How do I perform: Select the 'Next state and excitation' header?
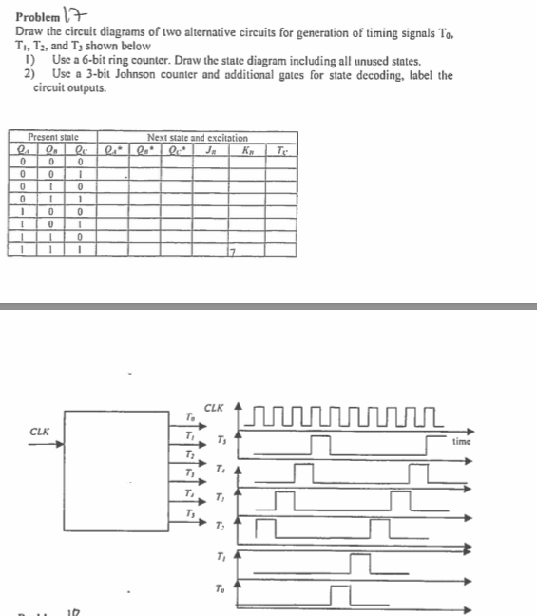(198, 138)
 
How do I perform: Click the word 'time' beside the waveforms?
(461, 442)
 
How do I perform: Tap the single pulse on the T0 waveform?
(343, 594)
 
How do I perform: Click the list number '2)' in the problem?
(29, 74)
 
